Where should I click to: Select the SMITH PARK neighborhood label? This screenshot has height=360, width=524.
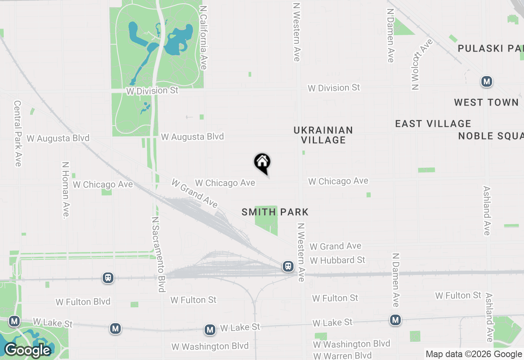tap(275, 212)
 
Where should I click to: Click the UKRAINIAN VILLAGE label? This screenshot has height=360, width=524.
tap(323, 135)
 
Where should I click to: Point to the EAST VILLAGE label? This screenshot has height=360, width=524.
tap(433, 124)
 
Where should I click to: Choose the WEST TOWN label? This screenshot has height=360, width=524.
tap(486, 102)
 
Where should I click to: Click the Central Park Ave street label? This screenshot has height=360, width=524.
tap(17, 133)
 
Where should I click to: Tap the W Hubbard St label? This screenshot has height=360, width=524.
tap(337, 260)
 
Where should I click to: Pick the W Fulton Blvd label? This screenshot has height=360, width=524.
tap(83, 302)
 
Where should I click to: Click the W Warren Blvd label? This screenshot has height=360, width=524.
tap(342, 355)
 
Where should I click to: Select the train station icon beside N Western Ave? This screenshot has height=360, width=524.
tap(288, 266)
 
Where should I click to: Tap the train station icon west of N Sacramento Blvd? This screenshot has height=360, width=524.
tap(108, 278)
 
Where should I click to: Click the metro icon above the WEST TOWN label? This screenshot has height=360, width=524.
tap(486, 82)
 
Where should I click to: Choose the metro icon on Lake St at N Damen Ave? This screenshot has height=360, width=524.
tap(395, 320)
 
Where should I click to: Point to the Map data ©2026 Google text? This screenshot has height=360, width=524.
tap(474, 354)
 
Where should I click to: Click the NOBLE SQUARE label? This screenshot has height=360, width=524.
tap(490, 136)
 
